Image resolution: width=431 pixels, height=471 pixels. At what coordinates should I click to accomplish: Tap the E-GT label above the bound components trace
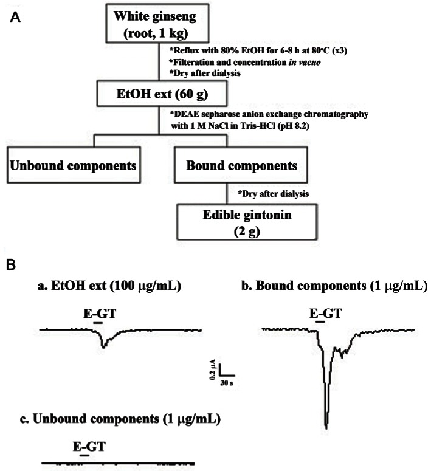click(x=325, y=314)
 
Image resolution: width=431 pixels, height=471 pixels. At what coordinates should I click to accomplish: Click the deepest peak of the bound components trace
click(x=327, y=427)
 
